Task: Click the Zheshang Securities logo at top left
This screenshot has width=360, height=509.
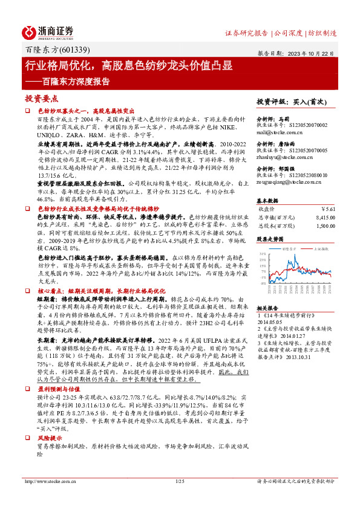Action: (49, 31)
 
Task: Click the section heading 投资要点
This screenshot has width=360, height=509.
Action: (41, 98)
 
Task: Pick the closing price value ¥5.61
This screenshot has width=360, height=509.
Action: (327, 209)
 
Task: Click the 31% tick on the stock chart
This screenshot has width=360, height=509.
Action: (263, 253)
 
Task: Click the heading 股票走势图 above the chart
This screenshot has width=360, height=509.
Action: (270, 239)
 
